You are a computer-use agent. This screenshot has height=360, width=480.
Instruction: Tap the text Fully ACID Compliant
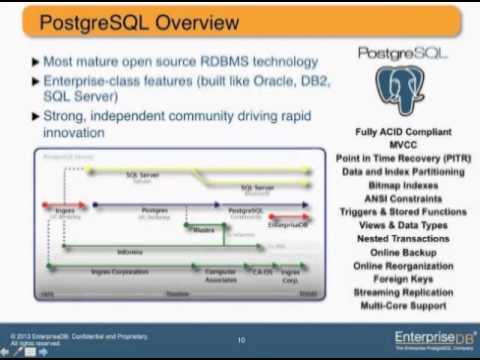403,132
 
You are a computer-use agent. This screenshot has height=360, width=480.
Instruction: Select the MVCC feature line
403,144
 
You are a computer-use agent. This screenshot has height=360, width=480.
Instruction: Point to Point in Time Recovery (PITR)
403,157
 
